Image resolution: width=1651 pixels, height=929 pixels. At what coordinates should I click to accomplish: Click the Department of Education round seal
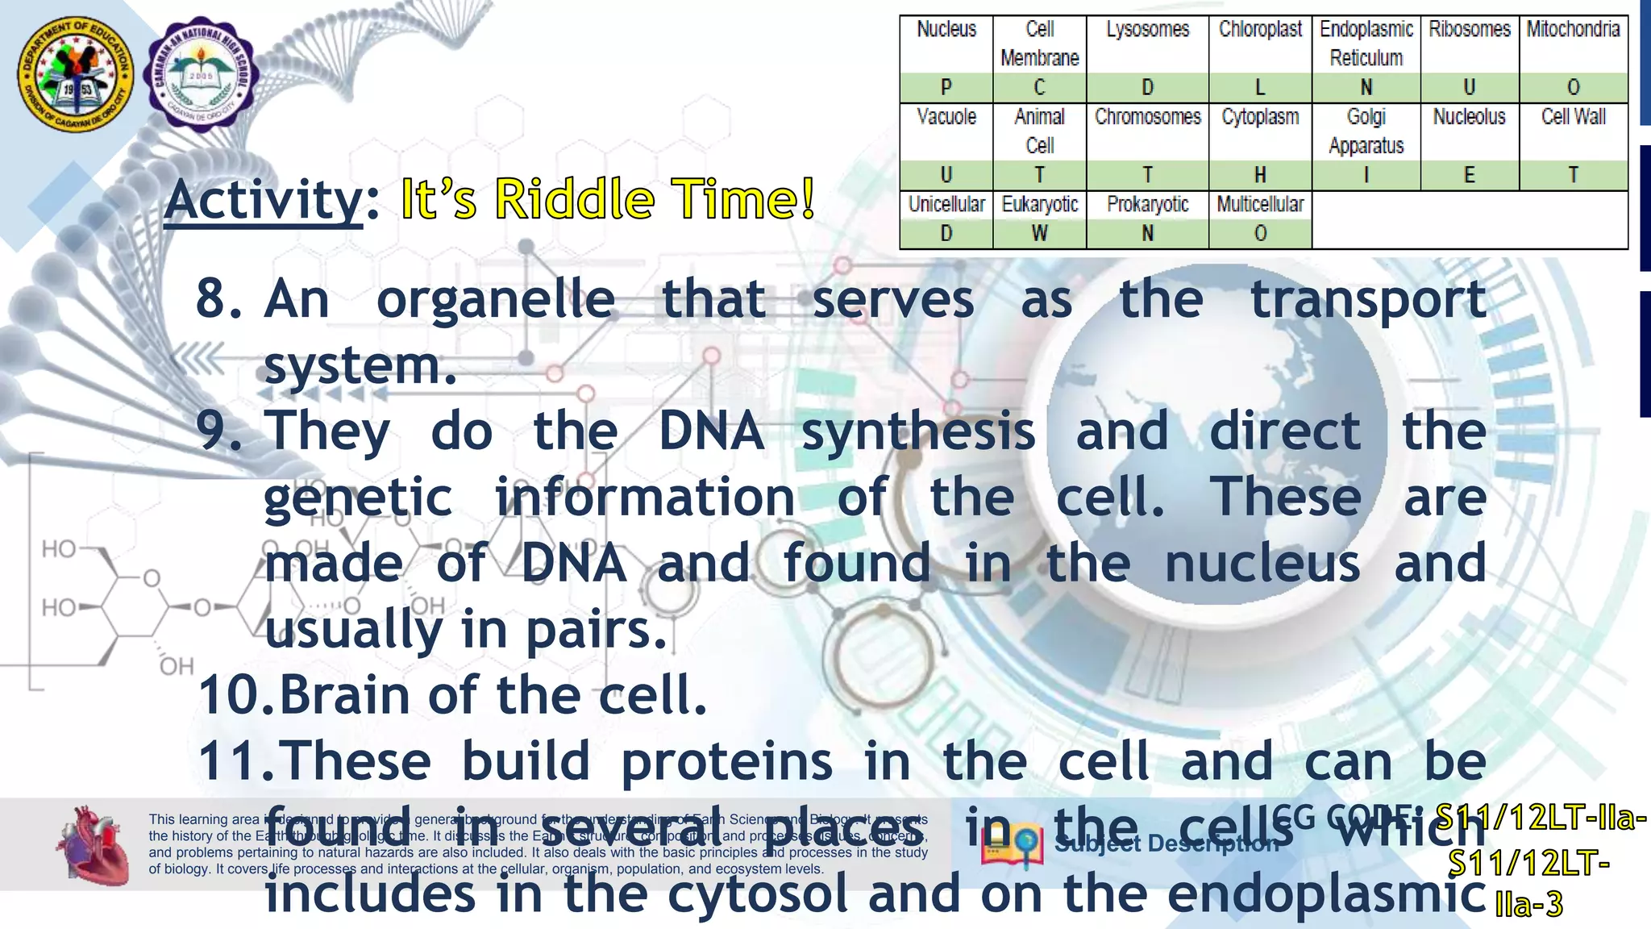pyautogui.click(x=77, y=75)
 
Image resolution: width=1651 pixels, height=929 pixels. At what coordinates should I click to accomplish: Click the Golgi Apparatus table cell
pyautogui.click(x=1366, y=131)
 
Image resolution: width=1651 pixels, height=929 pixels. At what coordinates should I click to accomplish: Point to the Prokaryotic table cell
pyautogui.click(x=1147, y=205)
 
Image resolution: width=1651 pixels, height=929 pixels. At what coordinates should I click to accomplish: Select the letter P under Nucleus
pyautogui.click(x=946, y=87)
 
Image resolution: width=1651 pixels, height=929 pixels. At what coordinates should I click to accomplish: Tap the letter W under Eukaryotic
pyautogui.click(x=1039, y=234)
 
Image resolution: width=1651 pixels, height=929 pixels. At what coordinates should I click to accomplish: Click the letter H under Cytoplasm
pyautogui.click(x=1260, y=175)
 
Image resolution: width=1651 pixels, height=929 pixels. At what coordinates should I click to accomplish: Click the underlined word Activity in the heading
pyautogui.click(x=264, y=199)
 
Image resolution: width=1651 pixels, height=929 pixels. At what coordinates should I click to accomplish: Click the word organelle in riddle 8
pyautogui.click(x=495, y=300)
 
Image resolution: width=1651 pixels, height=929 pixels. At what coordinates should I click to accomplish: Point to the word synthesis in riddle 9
pyautogui.click(x=918, y=431)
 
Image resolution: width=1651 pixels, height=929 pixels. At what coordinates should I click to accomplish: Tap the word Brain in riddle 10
pyautogui.click(x=344, y=695)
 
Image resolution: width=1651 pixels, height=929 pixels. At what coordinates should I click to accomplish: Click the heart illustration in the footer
pyautogui.click(x=93, y=844)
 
